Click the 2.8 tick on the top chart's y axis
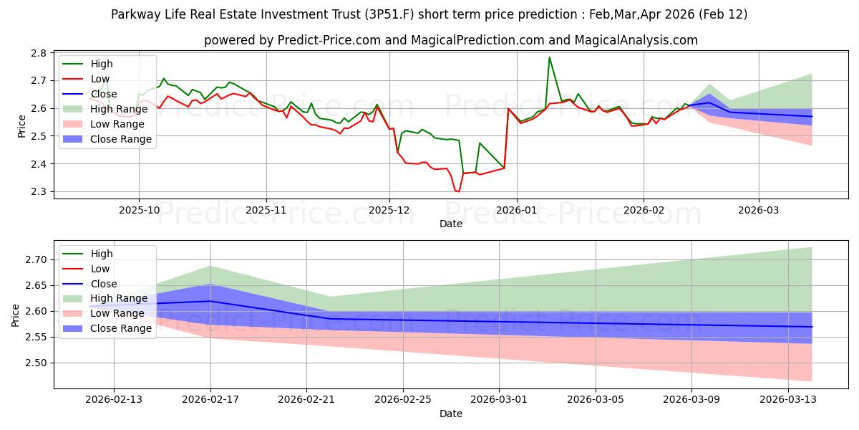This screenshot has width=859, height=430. (x=39, y=53)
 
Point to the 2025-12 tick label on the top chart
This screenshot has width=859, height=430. (x=389, y=211)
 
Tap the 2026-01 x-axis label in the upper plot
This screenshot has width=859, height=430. (x=516, y=211)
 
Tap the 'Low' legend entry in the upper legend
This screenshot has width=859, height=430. (x=100, y=79)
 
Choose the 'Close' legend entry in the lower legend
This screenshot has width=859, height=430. (x=104, y=284)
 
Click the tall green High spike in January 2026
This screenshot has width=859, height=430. (x=549, y=57)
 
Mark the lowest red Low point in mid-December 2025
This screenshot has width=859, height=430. (x=457, y=191)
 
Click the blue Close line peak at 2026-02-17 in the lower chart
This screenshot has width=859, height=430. (x=210, y=301)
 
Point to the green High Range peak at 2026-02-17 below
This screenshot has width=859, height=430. (x=210, y=266)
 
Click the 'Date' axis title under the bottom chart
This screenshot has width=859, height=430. (x=451, y=414)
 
